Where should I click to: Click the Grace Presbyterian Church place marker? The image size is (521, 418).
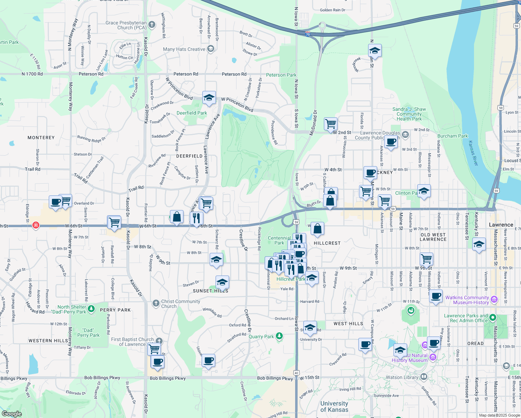click(151, 25)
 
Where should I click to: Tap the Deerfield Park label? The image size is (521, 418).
click(192, 113)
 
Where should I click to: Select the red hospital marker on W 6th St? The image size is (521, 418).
click(36, 225)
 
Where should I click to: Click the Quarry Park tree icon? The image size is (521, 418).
click(279, 336)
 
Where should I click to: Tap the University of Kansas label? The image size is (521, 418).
click(334, 407)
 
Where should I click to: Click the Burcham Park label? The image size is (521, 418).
click(452, 136)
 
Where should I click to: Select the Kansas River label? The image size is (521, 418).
click(473, 153)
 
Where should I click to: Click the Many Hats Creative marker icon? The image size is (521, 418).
click(210, 49)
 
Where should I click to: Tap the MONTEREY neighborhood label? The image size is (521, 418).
click(41, 138)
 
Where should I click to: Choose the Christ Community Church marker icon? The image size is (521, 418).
click(156, 303)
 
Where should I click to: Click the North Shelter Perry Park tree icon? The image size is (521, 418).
click(91, 308)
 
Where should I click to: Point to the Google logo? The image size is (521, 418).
click(11, 413)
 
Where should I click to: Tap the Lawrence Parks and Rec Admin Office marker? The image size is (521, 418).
click(492, 317)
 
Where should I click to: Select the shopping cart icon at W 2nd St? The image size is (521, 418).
click(331, 123)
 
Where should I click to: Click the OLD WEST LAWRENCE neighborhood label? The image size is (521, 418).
click(433, 237)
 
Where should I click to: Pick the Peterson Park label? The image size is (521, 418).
click(281, 75)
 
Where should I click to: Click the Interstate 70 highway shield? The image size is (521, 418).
click(308, 34)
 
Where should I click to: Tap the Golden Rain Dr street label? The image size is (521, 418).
click(333, 10)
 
